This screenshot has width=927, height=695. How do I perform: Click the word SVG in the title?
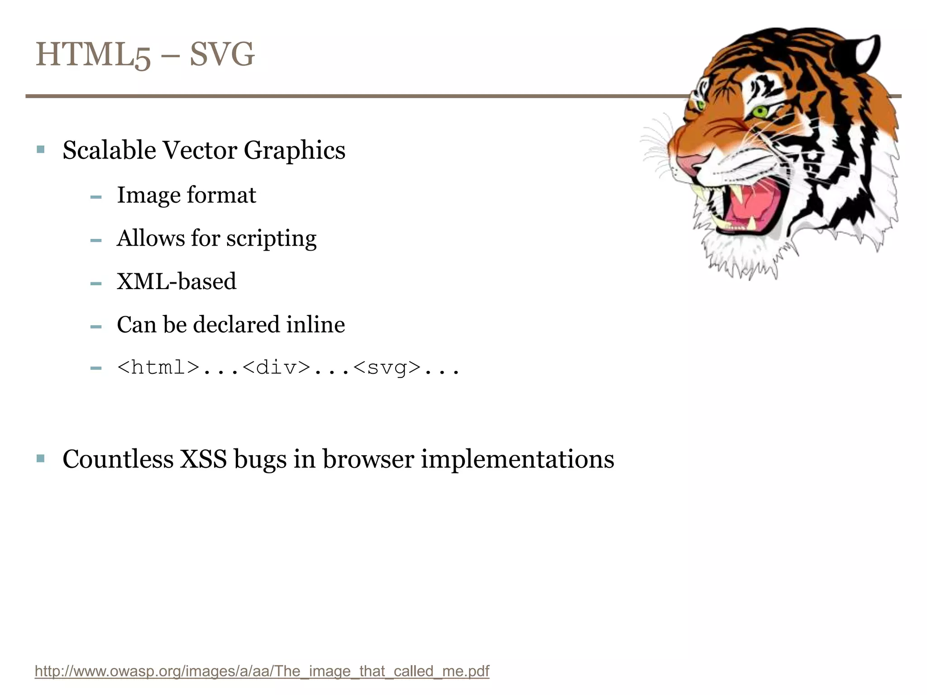[222, 54]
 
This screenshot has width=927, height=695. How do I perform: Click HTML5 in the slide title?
[93, 54]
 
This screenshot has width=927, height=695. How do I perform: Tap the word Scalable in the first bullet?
[109, 150]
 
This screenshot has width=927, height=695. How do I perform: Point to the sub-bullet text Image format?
[186, 195]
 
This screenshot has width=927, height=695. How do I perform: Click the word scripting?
[271, 238]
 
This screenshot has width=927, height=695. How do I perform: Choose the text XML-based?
[177, 281]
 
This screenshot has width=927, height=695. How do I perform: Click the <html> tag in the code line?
[158, 367]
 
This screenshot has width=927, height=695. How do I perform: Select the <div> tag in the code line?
[276, 367]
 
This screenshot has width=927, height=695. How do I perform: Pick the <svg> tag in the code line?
[387, 367]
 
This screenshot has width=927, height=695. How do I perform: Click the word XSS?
[203, 459]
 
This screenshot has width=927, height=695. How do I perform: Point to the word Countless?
[118, 459]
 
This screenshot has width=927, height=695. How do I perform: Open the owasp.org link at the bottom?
[262, 671]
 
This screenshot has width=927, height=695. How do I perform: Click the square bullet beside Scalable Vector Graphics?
[41, 149]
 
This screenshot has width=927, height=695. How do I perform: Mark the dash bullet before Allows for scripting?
[96, 240]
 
